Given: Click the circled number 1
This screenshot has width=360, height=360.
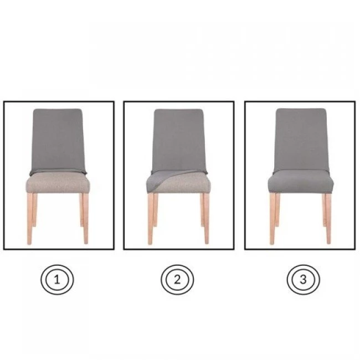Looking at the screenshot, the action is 57,280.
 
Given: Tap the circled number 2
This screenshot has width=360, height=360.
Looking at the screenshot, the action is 177,280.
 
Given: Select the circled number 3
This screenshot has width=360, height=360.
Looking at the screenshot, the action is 303,279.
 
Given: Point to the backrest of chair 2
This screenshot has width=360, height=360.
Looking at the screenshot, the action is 179,140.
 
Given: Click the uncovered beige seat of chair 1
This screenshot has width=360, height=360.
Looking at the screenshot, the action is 58,183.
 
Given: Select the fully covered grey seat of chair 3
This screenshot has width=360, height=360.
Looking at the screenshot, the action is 301,181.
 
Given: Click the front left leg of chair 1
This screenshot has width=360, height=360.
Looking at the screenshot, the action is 29,219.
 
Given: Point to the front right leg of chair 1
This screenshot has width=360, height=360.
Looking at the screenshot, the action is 86,219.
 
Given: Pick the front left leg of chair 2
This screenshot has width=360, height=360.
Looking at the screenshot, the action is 151,219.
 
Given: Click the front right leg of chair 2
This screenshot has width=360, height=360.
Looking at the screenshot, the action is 207,219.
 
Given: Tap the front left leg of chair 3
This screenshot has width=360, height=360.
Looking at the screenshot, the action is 272,219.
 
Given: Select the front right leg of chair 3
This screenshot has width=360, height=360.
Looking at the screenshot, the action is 328,219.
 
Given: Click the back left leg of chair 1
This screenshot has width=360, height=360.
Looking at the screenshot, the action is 35,210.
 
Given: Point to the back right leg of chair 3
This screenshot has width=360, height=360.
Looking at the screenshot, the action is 324,210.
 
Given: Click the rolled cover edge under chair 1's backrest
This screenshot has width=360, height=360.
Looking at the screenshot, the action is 58,171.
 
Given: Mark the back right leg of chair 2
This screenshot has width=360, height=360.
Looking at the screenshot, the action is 202,210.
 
